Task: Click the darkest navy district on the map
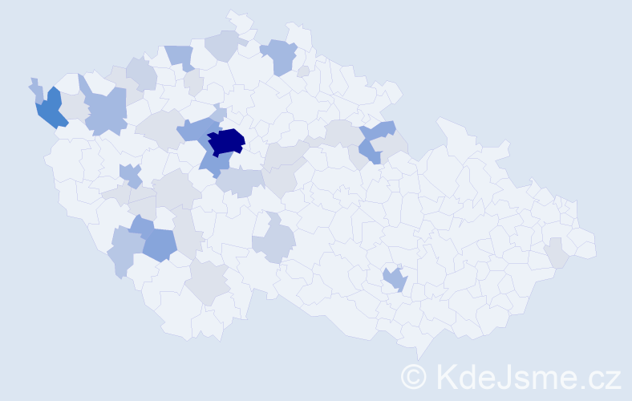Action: [x=227, y=140]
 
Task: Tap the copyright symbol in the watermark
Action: [x=414, y=376]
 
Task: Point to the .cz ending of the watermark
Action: [x=599, y=377]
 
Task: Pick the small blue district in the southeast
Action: [x=395, y=279]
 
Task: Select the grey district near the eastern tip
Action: [x=557, y=256]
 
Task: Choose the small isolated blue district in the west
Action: [x=129, y=173]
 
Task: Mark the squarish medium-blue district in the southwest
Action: [x=160, y=244]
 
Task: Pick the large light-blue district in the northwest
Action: [x=106, y=111]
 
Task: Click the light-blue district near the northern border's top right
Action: [x=279, y=56]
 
